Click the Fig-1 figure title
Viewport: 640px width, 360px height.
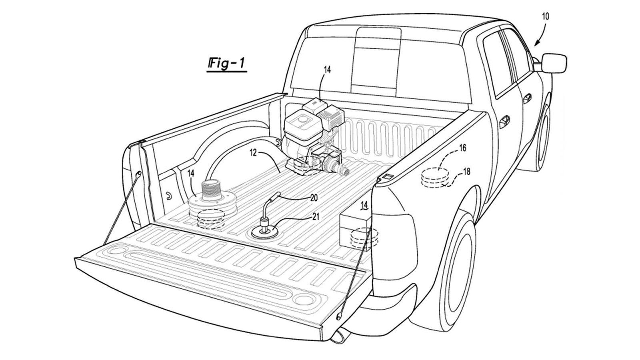[x=227, y=64]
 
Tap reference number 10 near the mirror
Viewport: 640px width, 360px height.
[x=546, y=16]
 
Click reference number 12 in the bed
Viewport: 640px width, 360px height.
[x=254, y=153]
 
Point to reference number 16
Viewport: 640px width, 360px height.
[x=462, y=148]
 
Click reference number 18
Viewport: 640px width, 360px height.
[x=466, y=172]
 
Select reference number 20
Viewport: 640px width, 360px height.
[x=314, y=198]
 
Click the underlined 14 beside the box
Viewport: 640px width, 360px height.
[x=364, y=206]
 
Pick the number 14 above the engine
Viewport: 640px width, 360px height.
[x=327, y=70]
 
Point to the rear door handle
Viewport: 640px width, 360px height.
[x=504, y=121]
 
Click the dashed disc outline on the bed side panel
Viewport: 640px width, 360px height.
[x=435, y=178]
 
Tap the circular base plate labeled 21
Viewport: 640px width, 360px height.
[x=265, y=233]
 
